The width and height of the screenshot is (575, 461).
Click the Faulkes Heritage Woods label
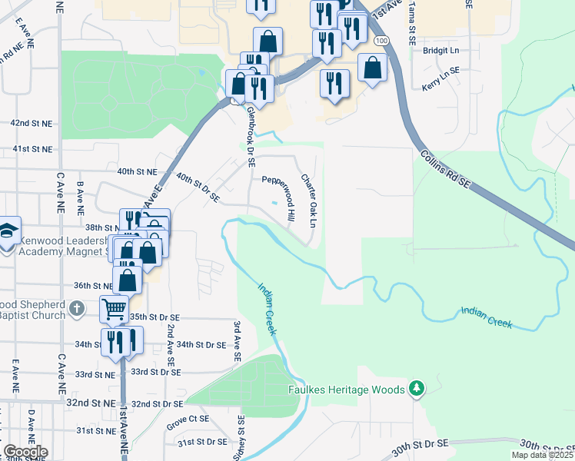347,390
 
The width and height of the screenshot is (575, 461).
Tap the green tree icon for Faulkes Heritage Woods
417,389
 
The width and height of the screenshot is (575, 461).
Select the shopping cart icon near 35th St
114,310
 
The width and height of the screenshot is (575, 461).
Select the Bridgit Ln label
440,50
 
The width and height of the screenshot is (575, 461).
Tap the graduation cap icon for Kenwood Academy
7,230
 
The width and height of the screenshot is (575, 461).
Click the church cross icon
75,309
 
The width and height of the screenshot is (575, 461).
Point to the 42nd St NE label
31,123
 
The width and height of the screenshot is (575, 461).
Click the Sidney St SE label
241,438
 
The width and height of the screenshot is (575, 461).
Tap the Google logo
25,452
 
